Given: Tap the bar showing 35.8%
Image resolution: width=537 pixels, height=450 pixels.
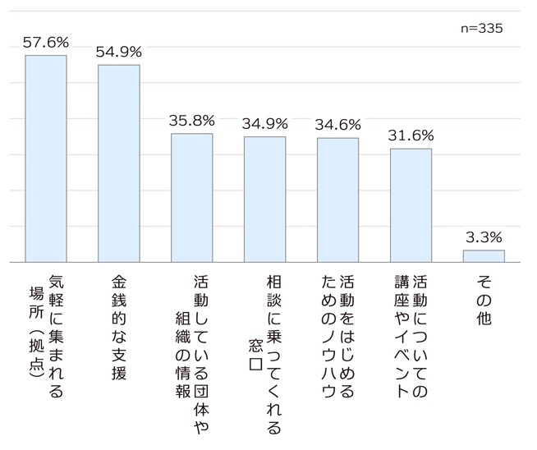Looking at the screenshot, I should (191, 197).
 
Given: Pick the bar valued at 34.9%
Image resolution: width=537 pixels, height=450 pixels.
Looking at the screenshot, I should (264, 199).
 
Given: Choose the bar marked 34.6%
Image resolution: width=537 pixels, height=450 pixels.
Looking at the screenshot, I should (337, 200).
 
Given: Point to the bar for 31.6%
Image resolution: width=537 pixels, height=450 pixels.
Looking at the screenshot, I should (411, 204).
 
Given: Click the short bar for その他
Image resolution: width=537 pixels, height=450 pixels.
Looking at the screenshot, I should (484, 255).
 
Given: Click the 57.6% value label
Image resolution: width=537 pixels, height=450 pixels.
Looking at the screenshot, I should (46, 42).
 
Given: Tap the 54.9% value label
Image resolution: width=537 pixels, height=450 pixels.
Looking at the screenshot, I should (119, 51).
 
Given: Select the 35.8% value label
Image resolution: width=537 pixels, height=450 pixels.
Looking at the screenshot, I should (191, 120).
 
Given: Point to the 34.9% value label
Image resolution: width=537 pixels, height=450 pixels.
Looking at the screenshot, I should (264, 124).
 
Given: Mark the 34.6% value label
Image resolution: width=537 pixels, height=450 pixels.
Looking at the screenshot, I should (337, 125).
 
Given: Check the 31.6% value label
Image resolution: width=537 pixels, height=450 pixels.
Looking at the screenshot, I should (411, 135).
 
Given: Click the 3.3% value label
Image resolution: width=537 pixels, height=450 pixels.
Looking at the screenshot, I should (484, 237).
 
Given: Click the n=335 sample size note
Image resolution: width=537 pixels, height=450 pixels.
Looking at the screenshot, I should (481, 28).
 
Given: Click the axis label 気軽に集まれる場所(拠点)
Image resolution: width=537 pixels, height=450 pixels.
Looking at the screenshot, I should (46, 337).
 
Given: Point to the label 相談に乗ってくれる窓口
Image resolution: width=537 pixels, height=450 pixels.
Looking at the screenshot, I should (264, 353).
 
